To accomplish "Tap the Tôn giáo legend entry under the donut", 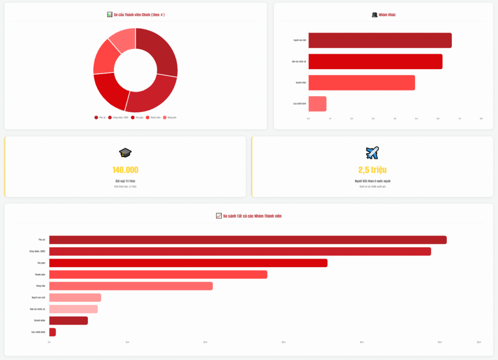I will pyautogui.click(x=137, y=117).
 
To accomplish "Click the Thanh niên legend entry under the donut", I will pyautogui.click(x=153, y=117).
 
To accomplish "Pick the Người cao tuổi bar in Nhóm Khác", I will pyautogui.click(x=380, y=40).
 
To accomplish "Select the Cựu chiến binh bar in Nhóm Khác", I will pyautogui.click(x=317, y=104).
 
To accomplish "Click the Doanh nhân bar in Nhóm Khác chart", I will pyautogui.click(x=361, y=83).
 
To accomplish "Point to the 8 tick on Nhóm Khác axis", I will pyautogui.click(x=481, y=118).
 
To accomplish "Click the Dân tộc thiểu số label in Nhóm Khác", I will pyautogui.click(x=299, y=62).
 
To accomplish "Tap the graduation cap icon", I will pyautogui.click(x=125, y=153).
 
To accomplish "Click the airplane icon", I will pyautogui.click(x=372, y=153).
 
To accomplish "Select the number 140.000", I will pyautogui.click(x=125, y=170).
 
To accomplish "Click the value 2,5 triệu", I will pyautogui.click(x=372, y=170).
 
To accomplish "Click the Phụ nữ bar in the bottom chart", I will pyautogui.click(x=248, y=240).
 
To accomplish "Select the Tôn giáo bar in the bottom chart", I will pyautogui.click(x=188, y=263).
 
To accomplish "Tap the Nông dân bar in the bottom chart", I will pyautogui.click(x=131, y=286).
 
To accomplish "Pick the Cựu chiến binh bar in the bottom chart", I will pyautogui.click(x=53, y=332).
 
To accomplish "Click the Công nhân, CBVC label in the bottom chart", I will pyautogui.click(x=37, y=251).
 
